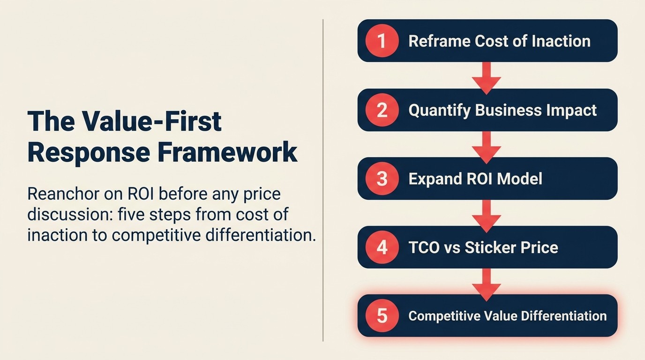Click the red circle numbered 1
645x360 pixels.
pyautogui.click(x=382, y=41)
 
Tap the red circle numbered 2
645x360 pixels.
pyautogui.click(x=382, y=110)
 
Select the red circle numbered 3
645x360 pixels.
pyautogui.click(x=382, y=179)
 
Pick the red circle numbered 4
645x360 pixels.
pyautogui.click(x=382, y=247)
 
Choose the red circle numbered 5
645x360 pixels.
pyautogui.click(x=382, y=315)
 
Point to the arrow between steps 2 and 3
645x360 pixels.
pyautogui.click(x=487, y=145)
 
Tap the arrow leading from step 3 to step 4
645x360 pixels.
pyautogui.click(x=487, y=214)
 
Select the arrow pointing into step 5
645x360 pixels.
pyautogui.click(x=487, y=282)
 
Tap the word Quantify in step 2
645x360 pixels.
pyautogui.click(x=439, y=110)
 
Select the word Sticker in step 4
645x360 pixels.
pyautogui.click(x=491, y=247)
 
